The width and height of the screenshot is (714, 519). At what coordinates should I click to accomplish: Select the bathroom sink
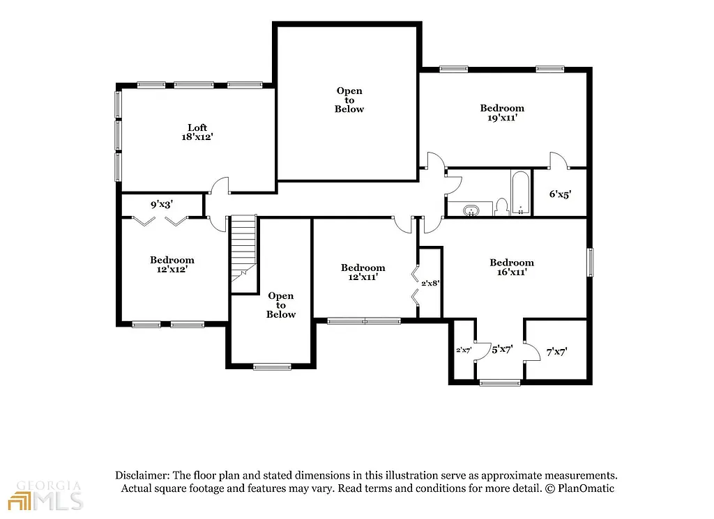pyautogui.click(x=472, y=210)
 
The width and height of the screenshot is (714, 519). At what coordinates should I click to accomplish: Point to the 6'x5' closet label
pyautogui.click(x=559, y=194)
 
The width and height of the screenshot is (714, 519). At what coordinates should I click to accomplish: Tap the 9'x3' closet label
pyautogui.click(x=162, y=205)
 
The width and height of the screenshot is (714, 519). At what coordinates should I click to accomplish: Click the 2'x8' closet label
pyautogui.click(x=430, y=284)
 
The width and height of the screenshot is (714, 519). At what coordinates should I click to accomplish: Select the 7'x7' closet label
pyautogui.click(x=556, y=353)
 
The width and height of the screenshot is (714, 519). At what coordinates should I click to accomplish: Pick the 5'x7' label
pyautogui.click(x=502, y=350)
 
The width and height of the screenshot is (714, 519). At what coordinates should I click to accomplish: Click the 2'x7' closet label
pyautogui.click(x=464, y=350)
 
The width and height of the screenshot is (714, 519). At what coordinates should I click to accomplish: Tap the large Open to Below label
pyautogui.click(x=349, y=100)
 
